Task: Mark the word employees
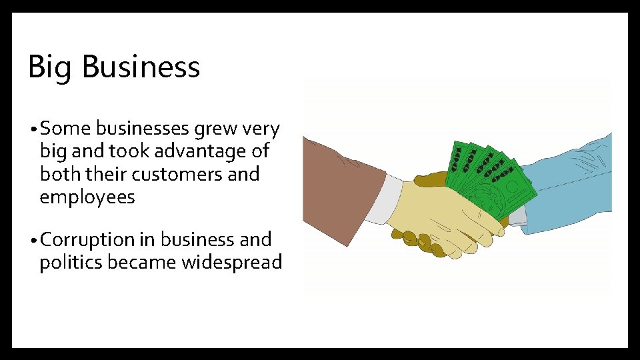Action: click(87, 197)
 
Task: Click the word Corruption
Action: click(89, 239)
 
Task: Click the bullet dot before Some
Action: click(33, 129)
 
